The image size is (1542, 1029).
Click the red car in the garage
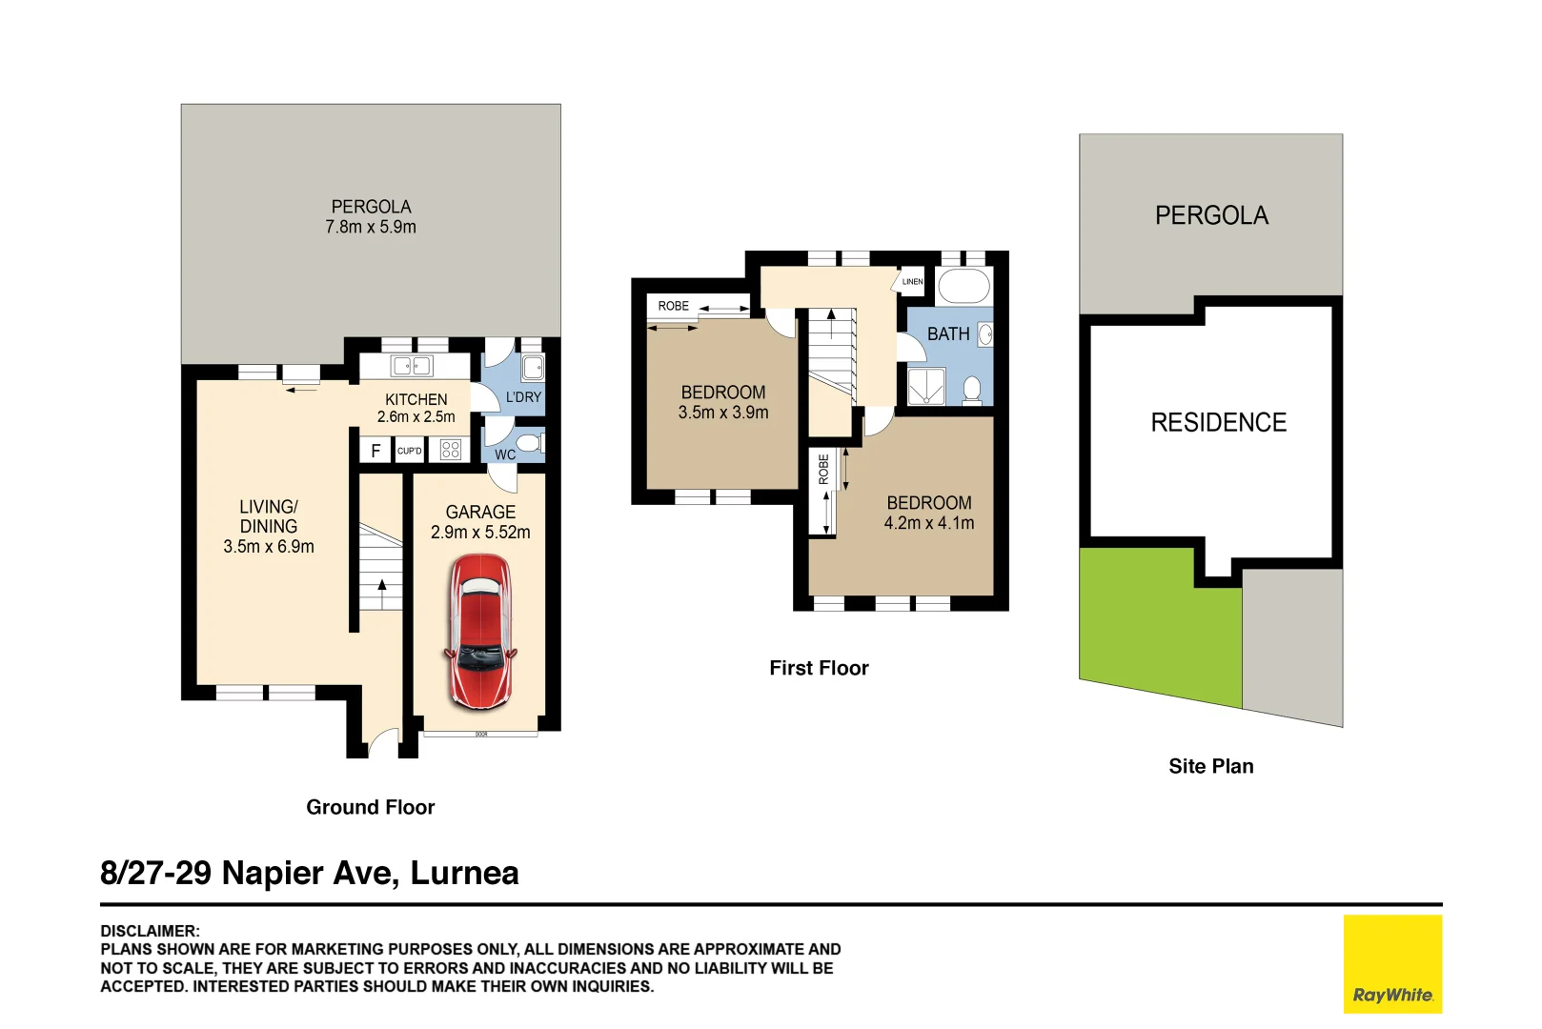pyautogui.click(x=480, y=631)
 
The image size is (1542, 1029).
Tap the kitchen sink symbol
pyautogui.click(x=412, y=366)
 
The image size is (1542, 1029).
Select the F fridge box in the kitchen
pyautogui.click(x=375, y=451)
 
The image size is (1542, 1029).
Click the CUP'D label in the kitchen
pyautogui.click(x=410, y=451)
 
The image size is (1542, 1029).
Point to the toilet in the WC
pyautogui.click(x=529, y=443)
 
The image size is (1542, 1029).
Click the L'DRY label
pyautogui.click(x=523, y=397)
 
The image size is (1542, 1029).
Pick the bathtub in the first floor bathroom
pyautogui.click(x=964, y=286)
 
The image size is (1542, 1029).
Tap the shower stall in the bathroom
pyautogui.click(x=925, y=387)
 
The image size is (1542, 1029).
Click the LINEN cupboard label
pyautogui.click(x=912, y=282)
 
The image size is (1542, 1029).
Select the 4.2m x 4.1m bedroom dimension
pyautogui.click(x=928, y=523)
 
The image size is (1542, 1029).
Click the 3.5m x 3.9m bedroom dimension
pyautogui.click(x=722, y=413)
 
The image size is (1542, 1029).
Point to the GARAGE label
pyautogui.click(x=480, y=513)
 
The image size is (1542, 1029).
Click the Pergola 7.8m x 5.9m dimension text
pyautogui.click(x=371, y=228)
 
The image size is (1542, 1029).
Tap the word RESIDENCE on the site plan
pyautogui.click(x=1218, y=423)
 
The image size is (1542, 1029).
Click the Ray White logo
pyautogui.click(x=1391, y=964)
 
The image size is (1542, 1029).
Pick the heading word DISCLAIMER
pyautogui.click(x=150, y=931)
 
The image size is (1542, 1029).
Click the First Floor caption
pyautogui.click(x=819, y=669)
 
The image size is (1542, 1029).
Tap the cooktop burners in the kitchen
pyautogui.click(x=451, y=450)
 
